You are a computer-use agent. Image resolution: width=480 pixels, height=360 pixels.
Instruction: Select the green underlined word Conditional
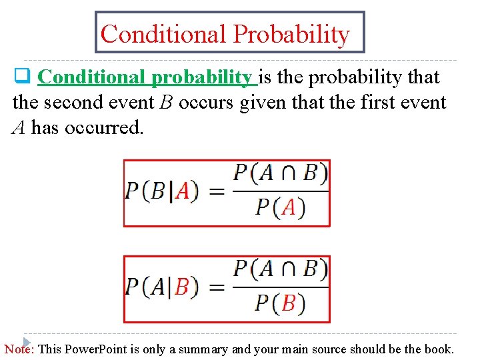93,77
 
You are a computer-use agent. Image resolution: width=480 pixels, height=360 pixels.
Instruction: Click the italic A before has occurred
19,128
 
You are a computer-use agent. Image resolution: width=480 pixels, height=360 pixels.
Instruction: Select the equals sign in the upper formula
217,192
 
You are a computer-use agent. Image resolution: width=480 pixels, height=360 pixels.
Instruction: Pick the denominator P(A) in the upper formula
280,208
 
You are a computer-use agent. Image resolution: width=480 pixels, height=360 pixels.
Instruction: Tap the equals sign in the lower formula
217,288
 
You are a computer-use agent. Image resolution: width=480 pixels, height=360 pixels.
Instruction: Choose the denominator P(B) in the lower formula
280,304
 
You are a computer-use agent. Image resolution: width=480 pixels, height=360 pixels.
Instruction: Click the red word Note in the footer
19,349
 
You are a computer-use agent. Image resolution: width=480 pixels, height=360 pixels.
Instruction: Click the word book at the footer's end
441,349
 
